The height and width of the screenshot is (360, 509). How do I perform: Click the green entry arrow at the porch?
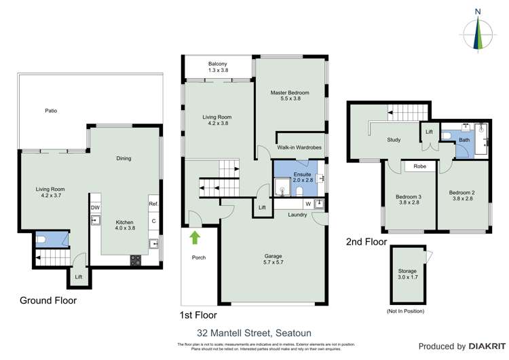pos(195,237)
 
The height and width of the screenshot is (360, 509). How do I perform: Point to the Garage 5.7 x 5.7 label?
pos(273,260)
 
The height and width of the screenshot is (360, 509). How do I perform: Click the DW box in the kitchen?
pos(95,207)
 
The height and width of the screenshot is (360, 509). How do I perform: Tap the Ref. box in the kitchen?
pos(153,204)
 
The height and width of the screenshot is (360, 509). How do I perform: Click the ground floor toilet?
pos(41,239)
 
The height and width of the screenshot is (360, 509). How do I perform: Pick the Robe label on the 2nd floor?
pos(419,165)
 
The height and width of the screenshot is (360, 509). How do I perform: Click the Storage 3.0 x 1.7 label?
pos(407,274)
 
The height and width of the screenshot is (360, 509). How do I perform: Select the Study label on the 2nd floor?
pos(394,140)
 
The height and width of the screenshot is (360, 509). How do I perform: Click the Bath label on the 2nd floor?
pos(464,140)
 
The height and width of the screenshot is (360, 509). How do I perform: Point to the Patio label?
pos(50,110)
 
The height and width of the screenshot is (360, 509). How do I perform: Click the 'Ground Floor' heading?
pos(48,300)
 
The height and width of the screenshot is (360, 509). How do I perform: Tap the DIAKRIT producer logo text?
pos(485,346)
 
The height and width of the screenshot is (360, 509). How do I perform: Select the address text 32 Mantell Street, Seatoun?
pos(253,333)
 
